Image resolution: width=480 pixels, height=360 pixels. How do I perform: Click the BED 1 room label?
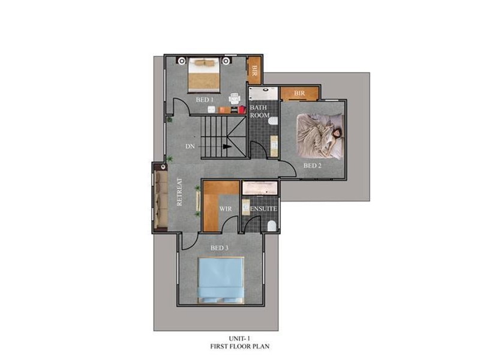tap(206, 100)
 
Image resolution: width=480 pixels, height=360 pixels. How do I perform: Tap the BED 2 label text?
tap(313, 166)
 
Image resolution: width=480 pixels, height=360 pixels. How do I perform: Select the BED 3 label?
tap(220, 248)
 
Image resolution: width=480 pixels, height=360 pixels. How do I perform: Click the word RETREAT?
tap(179, 192)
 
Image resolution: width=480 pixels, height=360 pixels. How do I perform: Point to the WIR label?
tap(226, 209)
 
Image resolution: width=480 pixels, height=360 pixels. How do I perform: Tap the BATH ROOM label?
tap(260, 111)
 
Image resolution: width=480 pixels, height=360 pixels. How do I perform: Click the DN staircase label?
tap(190, 146)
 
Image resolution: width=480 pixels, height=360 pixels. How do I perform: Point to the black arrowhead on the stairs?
tap(227, 146)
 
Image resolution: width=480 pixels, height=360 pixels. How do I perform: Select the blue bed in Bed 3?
tap(221, 280)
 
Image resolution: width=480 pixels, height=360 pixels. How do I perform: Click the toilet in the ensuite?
tap(272, 226)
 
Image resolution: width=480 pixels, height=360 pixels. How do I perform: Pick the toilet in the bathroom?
tap(273, 120)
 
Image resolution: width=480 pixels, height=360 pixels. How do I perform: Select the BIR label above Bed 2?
tap(299, 94)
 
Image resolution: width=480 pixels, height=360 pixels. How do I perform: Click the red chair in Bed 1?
tap(242, 109)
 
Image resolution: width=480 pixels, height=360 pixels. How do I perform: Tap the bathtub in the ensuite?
tap(260, 188)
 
